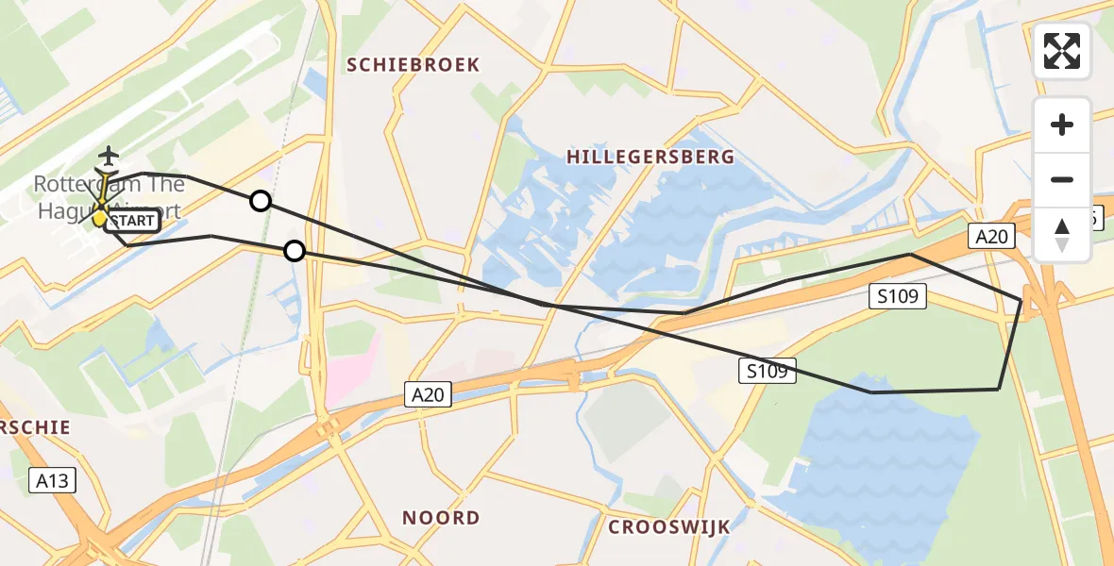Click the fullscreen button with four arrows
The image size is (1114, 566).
click(1062, 51)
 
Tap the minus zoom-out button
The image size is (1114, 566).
click(1062, 179)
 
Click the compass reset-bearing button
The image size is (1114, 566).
click(1062, 235)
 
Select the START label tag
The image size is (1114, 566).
click(130, 222)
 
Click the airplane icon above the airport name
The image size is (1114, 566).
click(110, 155)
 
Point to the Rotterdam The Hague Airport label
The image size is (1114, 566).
click(109, 196)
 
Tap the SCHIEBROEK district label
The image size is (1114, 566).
click(414, 65)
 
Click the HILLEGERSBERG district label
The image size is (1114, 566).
click(650, 158)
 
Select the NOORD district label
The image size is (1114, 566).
click(441, 518)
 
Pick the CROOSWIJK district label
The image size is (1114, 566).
click(668, 526)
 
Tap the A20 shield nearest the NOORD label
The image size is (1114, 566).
click(429, 394)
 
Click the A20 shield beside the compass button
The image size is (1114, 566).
click(991, 237)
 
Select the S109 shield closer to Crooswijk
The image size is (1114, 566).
click(768, 371)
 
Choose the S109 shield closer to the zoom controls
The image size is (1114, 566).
click(898, 297)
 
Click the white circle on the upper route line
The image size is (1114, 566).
click(261, 201)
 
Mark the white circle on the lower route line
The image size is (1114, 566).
click(295, 251)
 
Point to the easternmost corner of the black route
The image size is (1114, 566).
click(1021, 300)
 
